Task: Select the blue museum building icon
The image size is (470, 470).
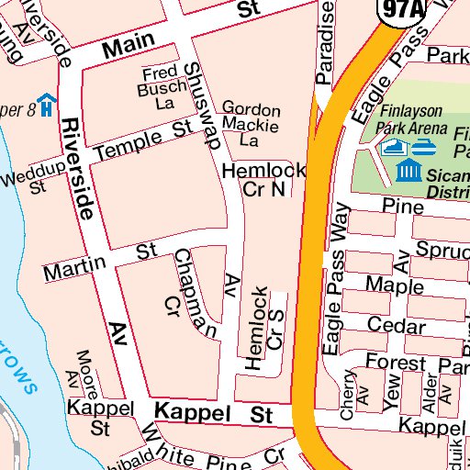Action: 409,171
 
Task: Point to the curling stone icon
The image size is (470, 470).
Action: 424,147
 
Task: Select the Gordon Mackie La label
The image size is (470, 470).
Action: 250,124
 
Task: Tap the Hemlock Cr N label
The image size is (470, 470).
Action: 264,179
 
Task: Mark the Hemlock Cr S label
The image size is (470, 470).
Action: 267,327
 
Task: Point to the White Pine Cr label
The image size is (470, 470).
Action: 220,456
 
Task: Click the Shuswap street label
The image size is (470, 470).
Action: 204,106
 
